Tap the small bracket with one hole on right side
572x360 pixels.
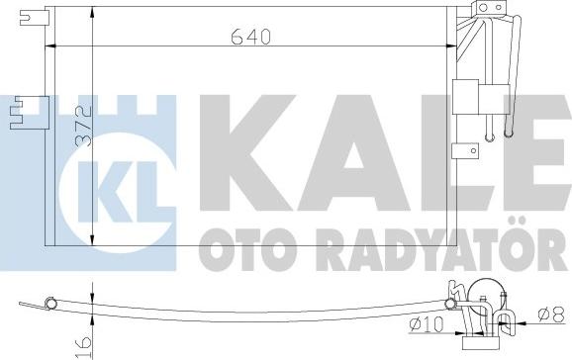463,150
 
